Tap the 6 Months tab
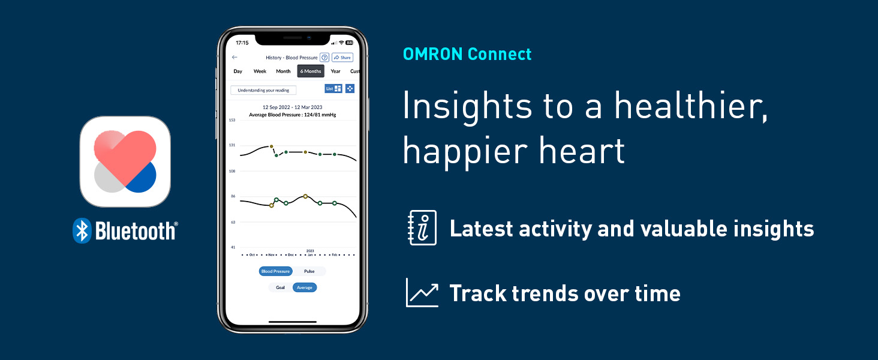click(311, 71)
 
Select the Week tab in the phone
click(260, 71)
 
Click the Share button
click(342, 58)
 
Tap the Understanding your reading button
click(263, 90)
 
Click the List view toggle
click(333, 88)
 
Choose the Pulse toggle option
click(309, 271)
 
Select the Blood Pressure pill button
click(275, 271)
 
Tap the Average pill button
click(304, 287)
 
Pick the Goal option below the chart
click(280, 287)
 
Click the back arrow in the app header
click(234, 58)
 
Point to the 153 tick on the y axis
click(231, 120)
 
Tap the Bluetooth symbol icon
click(82, 230)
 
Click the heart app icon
click(125, 161)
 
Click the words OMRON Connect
click(467, 54)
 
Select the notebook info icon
click(422, 228)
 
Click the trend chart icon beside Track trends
click(422, 293)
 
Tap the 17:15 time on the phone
click(242, 43)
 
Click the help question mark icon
click(324, 58)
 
